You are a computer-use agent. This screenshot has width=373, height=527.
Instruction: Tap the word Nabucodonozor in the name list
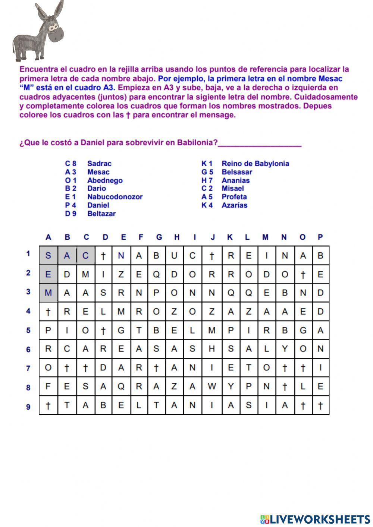click(115, 197)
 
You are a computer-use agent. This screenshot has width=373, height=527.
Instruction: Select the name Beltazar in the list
click(101, 214)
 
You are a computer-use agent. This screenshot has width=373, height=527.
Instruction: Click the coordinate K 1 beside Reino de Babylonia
click(207, 164)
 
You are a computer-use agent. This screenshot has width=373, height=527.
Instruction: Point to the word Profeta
click(234, 197)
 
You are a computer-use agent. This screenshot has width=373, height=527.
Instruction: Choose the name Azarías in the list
click(234, 205)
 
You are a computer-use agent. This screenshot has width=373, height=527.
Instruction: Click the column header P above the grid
click(320, 237)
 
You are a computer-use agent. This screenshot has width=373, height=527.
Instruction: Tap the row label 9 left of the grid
click(28, 407)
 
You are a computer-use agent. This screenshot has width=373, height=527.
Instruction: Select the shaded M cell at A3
click(48, 293)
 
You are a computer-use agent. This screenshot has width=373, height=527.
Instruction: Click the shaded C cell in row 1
click(86, 256)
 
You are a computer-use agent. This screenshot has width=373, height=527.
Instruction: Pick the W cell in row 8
click(212, 386)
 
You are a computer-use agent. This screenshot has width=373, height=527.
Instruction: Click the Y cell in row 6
click(285, 349)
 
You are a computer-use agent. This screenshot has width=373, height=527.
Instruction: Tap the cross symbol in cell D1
click(103, 256)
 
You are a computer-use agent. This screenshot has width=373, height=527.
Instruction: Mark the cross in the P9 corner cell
click(320, 406)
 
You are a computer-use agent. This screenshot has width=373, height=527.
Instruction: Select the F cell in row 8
click(48, 386)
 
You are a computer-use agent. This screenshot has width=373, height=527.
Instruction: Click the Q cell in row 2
click(156, 275)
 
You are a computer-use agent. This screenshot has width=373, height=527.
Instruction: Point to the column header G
click(159, 237)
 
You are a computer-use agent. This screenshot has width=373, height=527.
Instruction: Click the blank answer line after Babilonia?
click(260, 144)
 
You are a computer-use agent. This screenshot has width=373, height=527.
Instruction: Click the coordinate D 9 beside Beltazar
click(70, 214)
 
